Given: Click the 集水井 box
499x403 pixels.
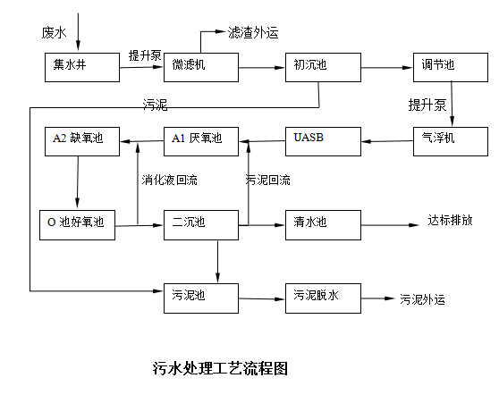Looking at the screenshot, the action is [82, 67].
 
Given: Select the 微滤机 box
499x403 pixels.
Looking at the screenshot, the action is [201, 67].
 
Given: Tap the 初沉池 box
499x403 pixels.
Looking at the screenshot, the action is [323, 67].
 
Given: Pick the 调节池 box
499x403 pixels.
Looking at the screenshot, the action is [451, 67].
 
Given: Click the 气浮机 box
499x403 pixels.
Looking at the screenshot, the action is [451, 141].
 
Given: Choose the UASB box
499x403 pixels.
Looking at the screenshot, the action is [323, 141].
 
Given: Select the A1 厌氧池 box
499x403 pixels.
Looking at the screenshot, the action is [201, 141].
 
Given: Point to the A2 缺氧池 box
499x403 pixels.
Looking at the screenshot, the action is [82, 141].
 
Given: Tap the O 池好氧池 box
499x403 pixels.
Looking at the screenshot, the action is [77, 225].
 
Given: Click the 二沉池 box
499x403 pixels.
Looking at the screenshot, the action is [201, 225].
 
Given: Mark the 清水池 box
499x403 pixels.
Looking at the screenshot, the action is [323, 225].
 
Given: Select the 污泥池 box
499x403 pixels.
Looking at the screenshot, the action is [201, 298].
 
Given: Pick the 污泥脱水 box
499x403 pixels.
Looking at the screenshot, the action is [323, 298].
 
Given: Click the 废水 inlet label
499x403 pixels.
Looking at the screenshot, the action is [54, 33].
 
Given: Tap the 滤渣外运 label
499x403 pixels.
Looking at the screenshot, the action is [253, 32].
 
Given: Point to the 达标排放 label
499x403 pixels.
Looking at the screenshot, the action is [450, 220].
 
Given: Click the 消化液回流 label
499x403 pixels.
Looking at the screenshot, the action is [169, 180].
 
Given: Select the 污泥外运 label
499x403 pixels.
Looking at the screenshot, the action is [422, 299].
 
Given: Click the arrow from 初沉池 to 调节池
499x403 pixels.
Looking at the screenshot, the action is [387, 67].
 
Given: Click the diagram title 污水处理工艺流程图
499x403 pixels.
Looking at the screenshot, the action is [220, 368].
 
